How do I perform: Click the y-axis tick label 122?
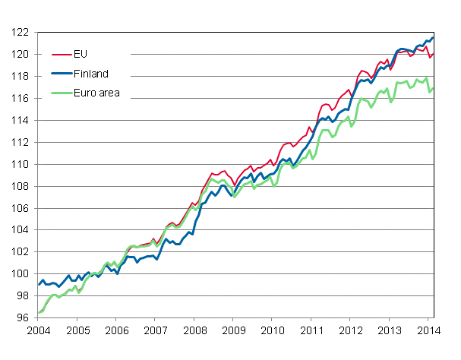tap(21, 33)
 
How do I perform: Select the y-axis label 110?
tap(21, 164)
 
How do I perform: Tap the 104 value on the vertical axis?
tap(21, 230)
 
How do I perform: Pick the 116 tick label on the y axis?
tap(21, 99)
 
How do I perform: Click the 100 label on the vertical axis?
tap(21, 274)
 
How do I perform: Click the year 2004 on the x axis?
tap(38, 332)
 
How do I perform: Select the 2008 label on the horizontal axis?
tap(195, 332)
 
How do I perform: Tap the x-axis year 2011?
tap(312, 332)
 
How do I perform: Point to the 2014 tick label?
tap(428, 332)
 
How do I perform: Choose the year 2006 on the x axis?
tap(116, 332)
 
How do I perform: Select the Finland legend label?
tap(92, 74)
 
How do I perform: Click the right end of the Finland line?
tap(433, 37)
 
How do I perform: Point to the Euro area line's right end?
tap(433, 89)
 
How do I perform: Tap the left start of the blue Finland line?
tap(39, 285)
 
